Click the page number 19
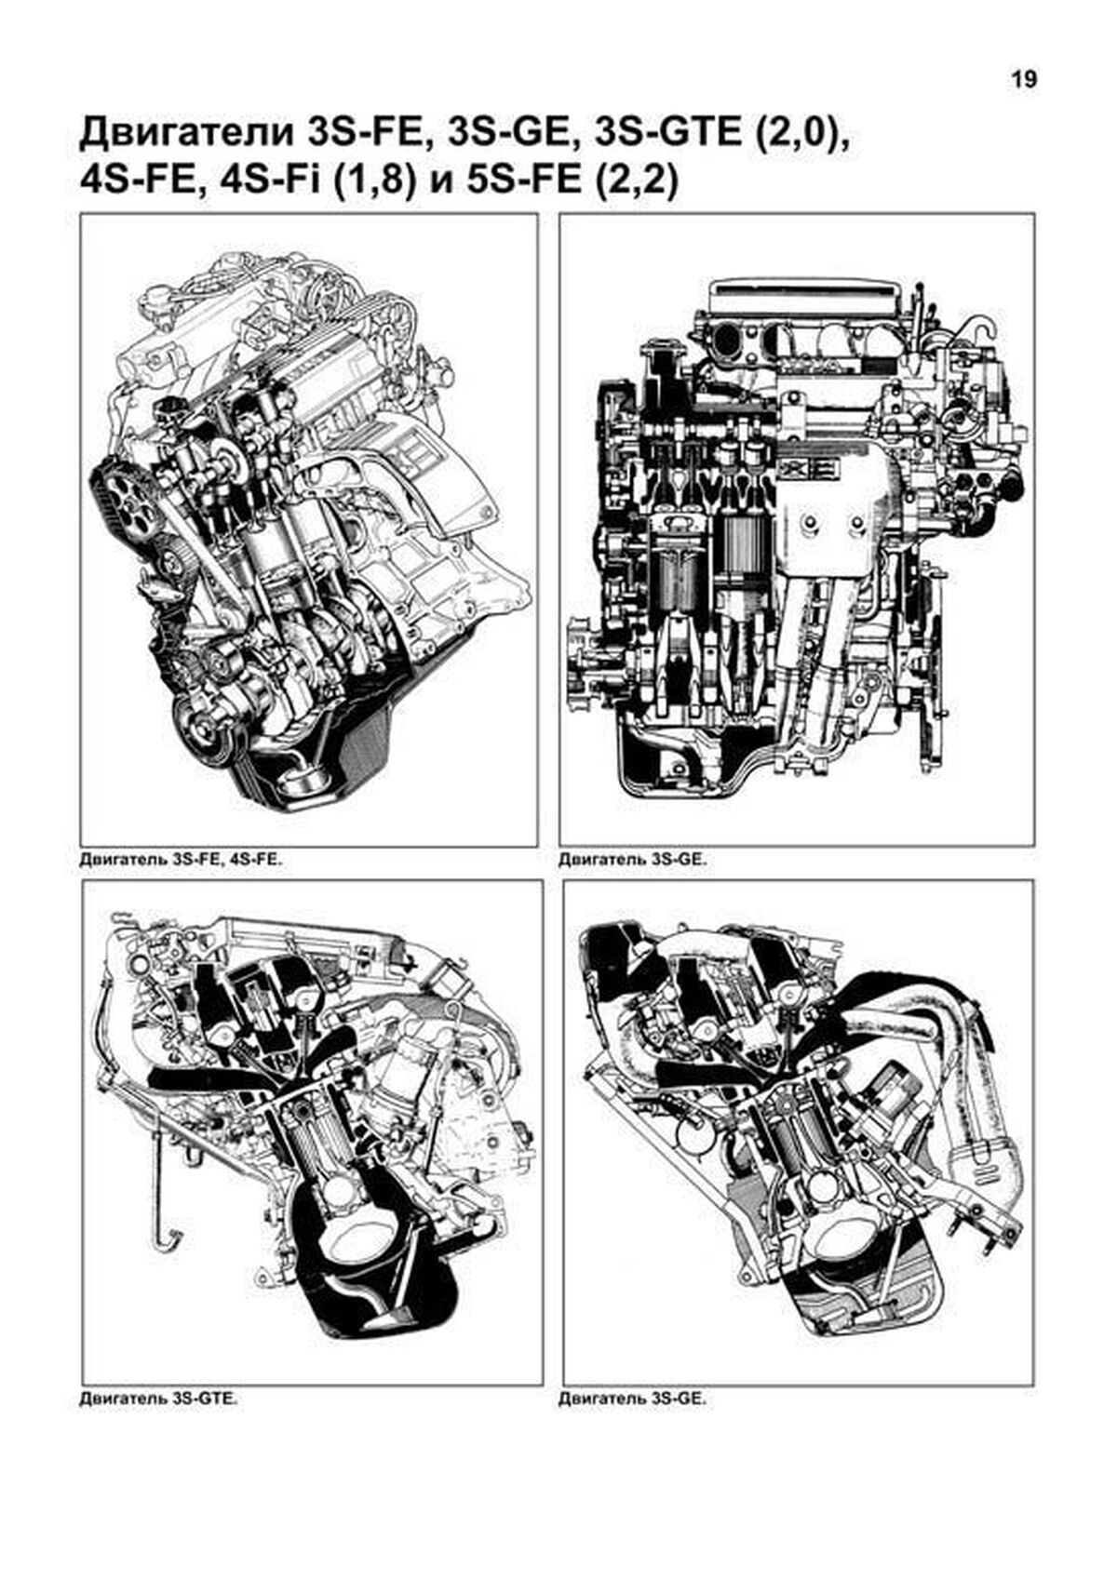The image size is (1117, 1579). coord(1025,80)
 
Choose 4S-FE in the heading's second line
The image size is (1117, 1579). coord(142,183)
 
